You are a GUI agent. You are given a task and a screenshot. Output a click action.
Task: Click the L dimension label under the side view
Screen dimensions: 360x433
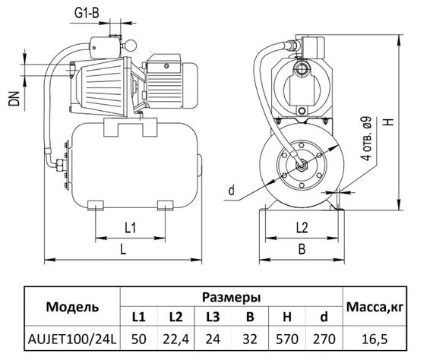[x=123, y=250]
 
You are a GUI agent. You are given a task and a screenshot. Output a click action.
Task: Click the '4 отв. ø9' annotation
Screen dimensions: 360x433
[x=367, y=137]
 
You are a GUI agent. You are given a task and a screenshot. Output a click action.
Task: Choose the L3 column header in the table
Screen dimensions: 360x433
[x=213, y=317]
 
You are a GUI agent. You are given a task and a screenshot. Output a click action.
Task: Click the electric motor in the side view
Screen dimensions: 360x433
[x=170, y=78]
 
